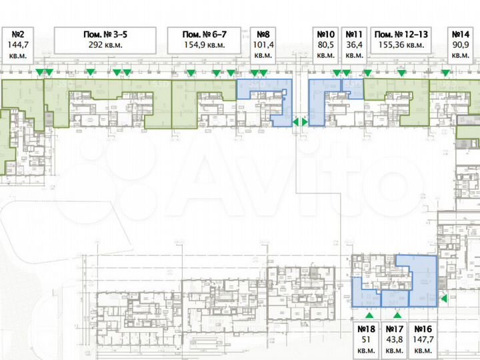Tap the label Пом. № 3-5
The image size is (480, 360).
pos(104,34)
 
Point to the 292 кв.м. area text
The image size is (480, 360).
pos(104,45)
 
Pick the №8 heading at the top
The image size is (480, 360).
pos(263,34)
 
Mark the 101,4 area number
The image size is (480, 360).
pos(263,45)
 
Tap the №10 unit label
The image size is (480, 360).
pos(325,34)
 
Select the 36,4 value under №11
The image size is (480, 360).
pos(354,45)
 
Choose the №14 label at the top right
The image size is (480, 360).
pos(461,34)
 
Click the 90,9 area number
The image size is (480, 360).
pos(461,45)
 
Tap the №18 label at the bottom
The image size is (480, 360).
pos(367,329)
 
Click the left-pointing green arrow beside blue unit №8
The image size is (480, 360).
pos(296,122)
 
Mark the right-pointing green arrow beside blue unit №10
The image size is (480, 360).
pos(305,122)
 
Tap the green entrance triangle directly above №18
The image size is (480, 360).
pos(369,314)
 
